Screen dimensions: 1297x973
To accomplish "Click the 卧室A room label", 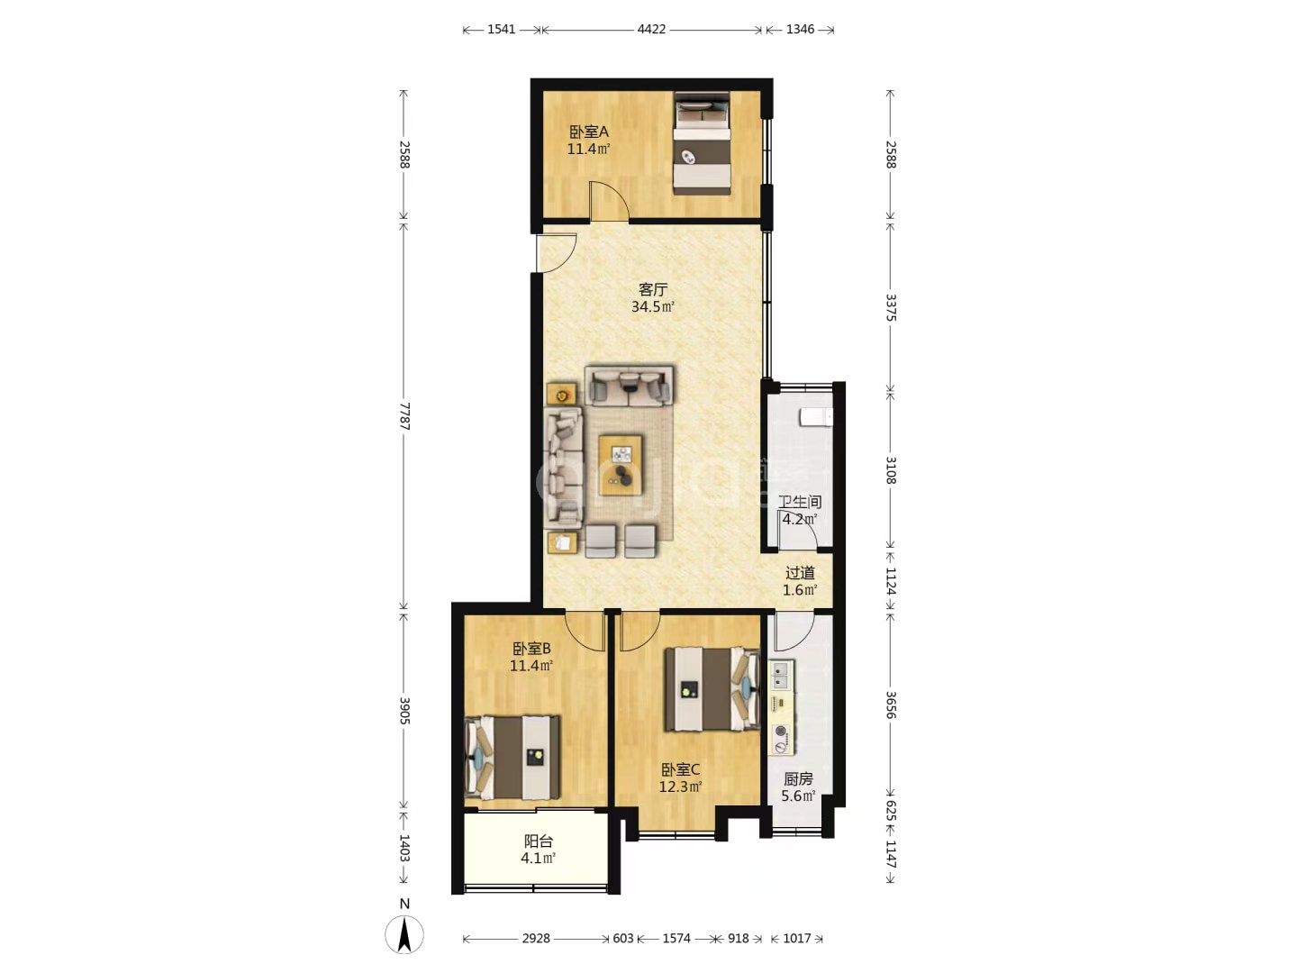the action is coord(588,132).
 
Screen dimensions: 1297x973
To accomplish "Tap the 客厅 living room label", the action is coord(653,289).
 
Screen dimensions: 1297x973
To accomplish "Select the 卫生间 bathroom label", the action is coord(800,502).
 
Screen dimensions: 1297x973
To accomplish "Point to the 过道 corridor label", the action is coord(800,573).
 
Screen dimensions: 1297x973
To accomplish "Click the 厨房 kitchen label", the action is coord(798,778).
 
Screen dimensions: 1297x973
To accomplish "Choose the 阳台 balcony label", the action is coord(539,841).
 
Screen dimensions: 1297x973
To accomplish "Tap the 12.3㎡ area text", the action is coord(681,787).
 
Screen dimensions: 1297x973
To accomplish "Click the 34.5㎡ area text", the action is coord(653,306).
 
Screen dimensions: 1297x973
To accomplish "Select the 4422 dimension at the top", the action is coord(651,30).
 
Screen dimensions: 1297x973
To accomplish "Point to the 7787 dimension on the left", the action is coord(404,416).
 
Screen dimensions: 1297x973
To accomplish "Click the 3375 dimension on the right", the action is coord(891,307).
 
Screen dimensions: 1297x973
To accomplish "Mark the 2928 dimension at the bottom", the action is coord(536,938).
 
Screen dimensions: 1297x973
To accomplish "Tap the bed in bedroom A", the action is coord(702,143).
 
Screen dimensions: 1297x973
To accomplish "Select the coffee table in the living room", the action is coord(621,465).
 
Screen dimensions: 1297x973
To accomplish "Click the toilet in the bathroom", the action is coord(816,417).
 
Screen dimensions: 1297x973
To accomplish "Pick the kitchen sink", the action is coord(781,676).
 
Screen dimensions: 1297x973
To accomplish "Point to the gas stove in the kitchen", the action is coord(782,740).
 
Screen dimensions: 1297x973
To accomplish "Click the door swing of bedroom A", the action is coord(609,202).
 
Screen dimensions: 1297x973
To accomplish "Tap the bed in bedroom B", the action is coord(512,758).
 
